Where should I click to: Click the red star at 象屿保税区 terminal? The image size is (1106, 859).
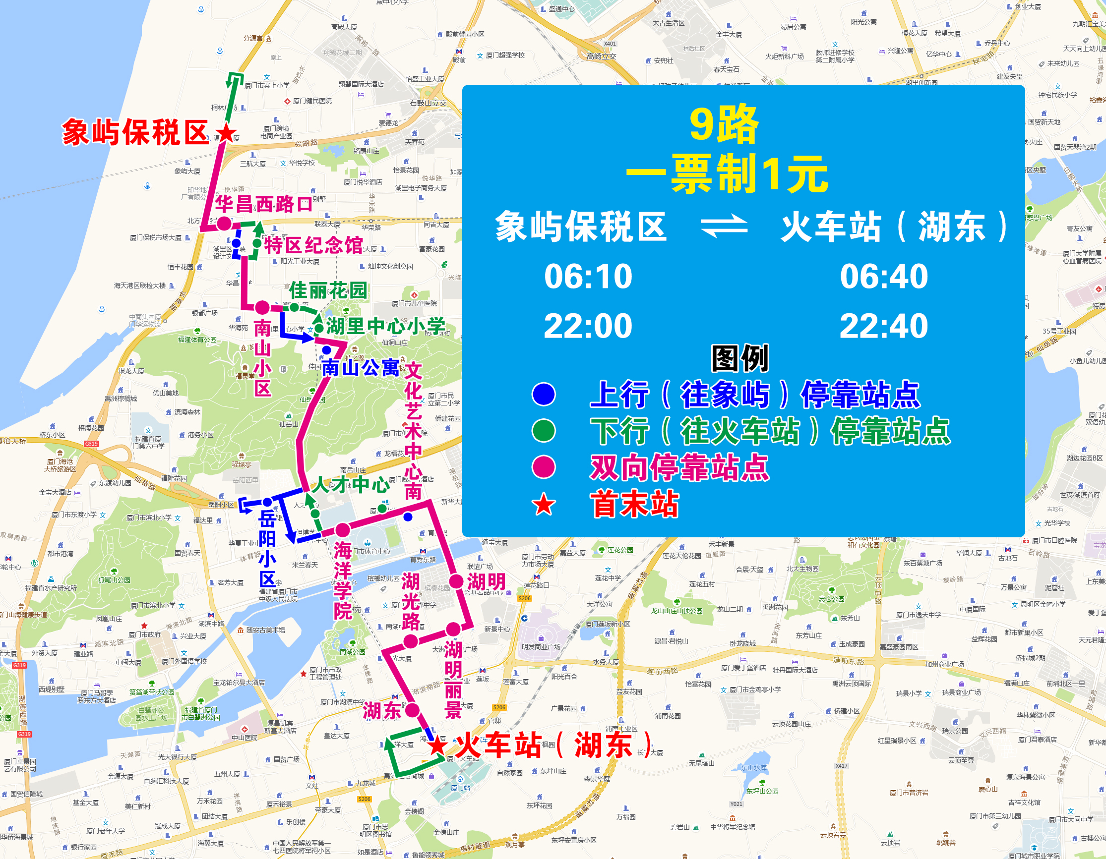click(226, 133)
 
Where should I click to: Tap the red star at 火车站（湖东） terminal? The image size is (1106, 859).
click(436, 745)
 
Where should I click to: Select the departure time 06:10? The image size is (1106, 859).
click(588, 277)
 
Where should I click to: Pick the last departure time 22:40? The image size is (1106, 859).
click(884, 326)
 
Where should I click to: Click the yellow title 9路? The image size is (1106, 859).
click(724, 124)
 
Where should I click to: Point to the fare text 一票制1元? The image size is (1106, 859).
click(727, 174)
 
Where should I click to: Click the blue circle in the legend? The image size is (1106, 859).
click(544, 395)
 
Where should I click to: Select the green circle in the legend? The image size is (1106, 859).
click(544, 431)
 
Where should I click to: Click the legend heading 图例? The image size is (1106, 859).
click(740, 358)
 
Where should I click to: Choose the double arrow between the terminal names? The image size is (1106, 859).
click(724, 226)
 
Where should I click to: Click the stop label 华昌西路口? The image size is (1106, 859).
click(263, 204)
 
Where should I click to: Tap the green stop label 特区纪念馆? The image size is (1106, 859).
click(313, 245)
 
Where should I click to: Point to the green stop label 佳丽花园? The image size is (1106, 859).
click(328, 290)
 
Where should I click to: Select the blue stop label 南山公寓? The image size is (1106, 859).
click(361, 368)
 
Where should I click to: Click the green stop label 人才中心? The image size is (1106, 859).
click(350, 484)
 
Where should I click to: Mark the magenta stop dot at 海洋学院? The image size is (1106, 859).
click(343, 530)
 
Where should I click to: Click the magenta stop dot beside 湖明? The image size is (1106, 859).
click(457, 581)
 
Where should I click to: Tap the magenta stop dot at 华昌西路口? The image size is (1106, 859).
click(224, 223)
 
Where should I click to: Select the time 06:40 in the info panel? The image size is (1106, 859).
click(884, 277)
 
